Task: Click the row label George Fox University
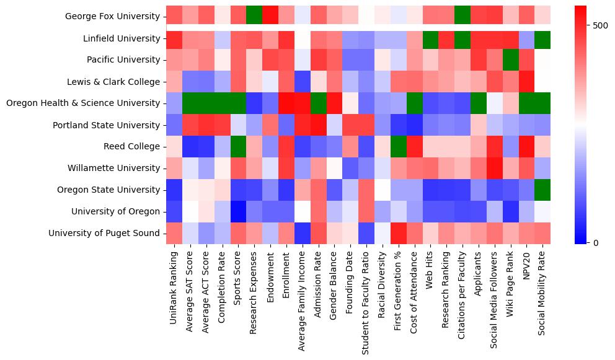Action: [112, 17]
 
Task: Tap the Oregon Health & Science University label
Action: [83, 103]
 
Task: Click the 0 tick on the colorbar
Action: [596, 242]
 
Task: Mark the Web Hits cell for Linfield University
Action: [430, 38]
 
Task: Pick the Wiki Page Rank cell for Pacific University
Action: [510, 60]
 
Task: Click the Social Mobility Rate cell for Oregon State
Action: [542, 190]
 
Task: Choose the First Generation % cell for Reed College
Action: [398, 147]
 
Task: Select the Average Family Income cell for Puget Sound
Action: [302, 234]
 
